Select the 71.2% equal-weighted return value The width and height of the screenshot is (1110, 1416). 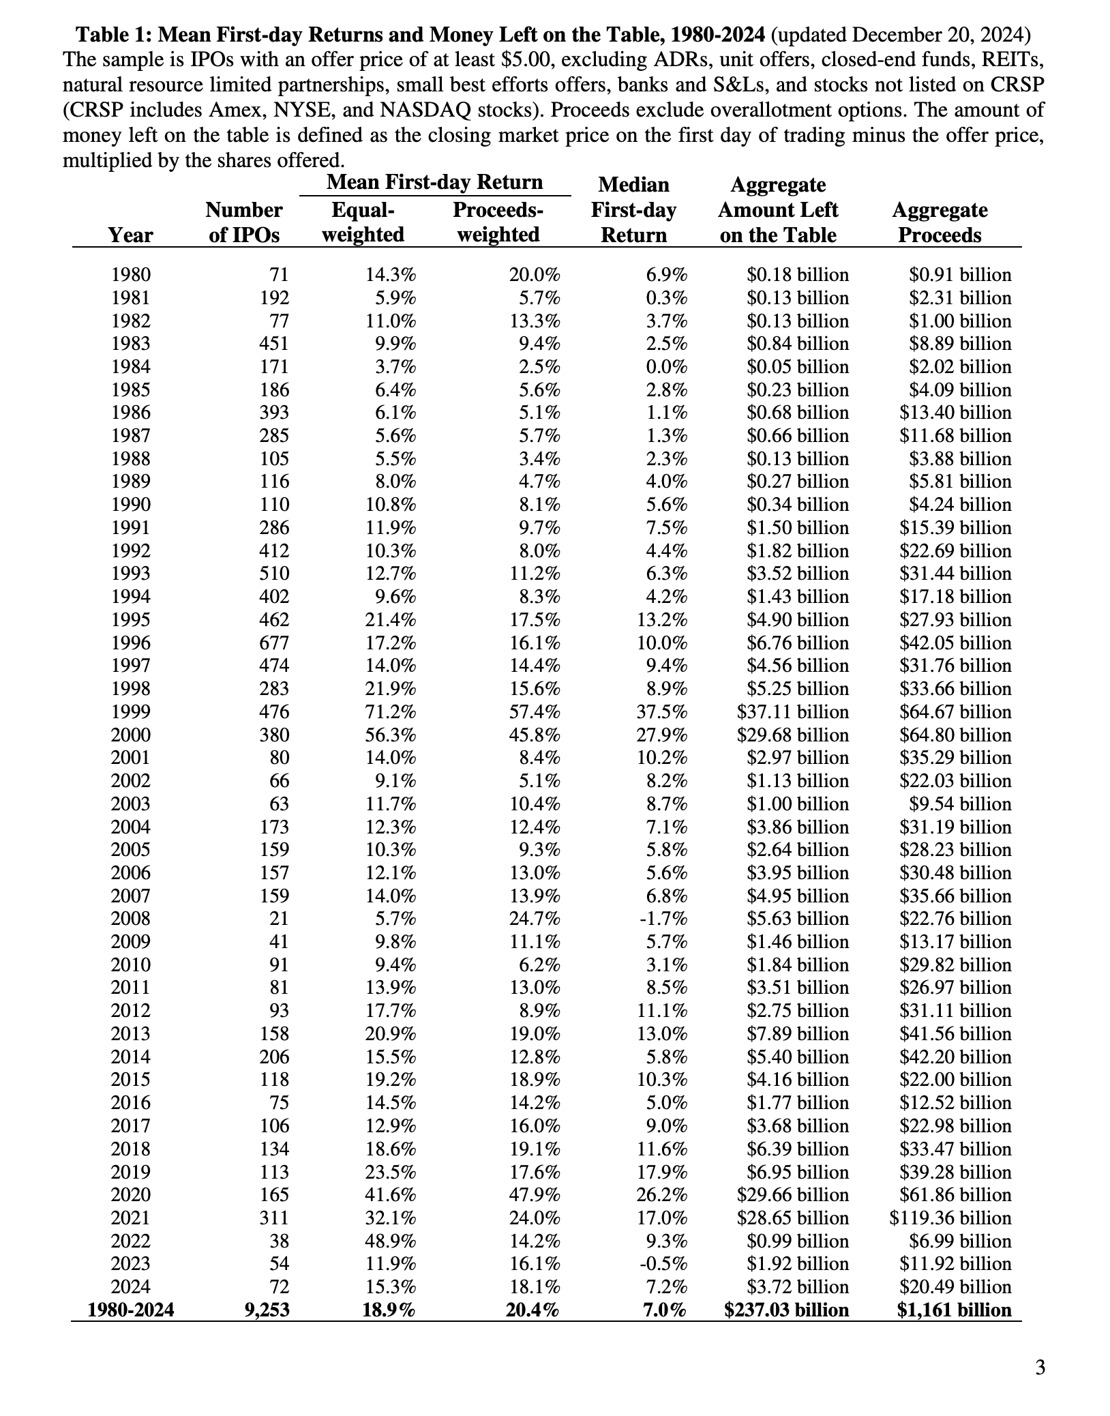[391, 711]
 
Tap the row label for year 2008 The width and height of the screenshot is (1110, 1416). [130, 919]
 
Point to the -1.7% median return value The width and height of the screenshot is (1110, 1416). [663, 919]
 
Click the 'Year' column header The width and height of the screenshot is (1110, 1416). [130, 235]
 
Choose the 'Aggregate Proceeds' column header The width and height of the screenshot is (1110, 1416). [940, 222]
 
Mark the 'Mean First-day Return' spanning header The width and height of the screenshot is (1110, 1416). [434, 182]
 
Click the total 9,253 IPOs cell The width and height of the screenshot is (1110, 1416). [267, 1310]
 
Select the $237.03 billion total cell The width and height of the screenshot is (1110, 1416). [786, 1310]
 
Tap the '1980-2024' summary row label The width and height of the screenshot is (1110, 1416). [130, 1310]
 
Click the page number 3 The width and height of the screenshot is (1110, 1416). [1040, 1368]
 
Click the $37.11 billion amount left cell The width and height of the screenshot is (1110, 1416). [793, 711]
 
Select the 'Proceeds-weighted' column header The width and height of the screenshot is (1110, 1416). [498, 222]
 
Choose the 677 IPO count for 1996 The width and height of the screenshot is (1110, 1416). [275, 643]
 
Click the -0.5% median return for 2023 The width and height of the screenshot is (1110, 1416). [663, 1264]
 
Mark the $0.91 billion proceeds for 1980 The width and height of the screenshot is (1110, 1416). [960, 275]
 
